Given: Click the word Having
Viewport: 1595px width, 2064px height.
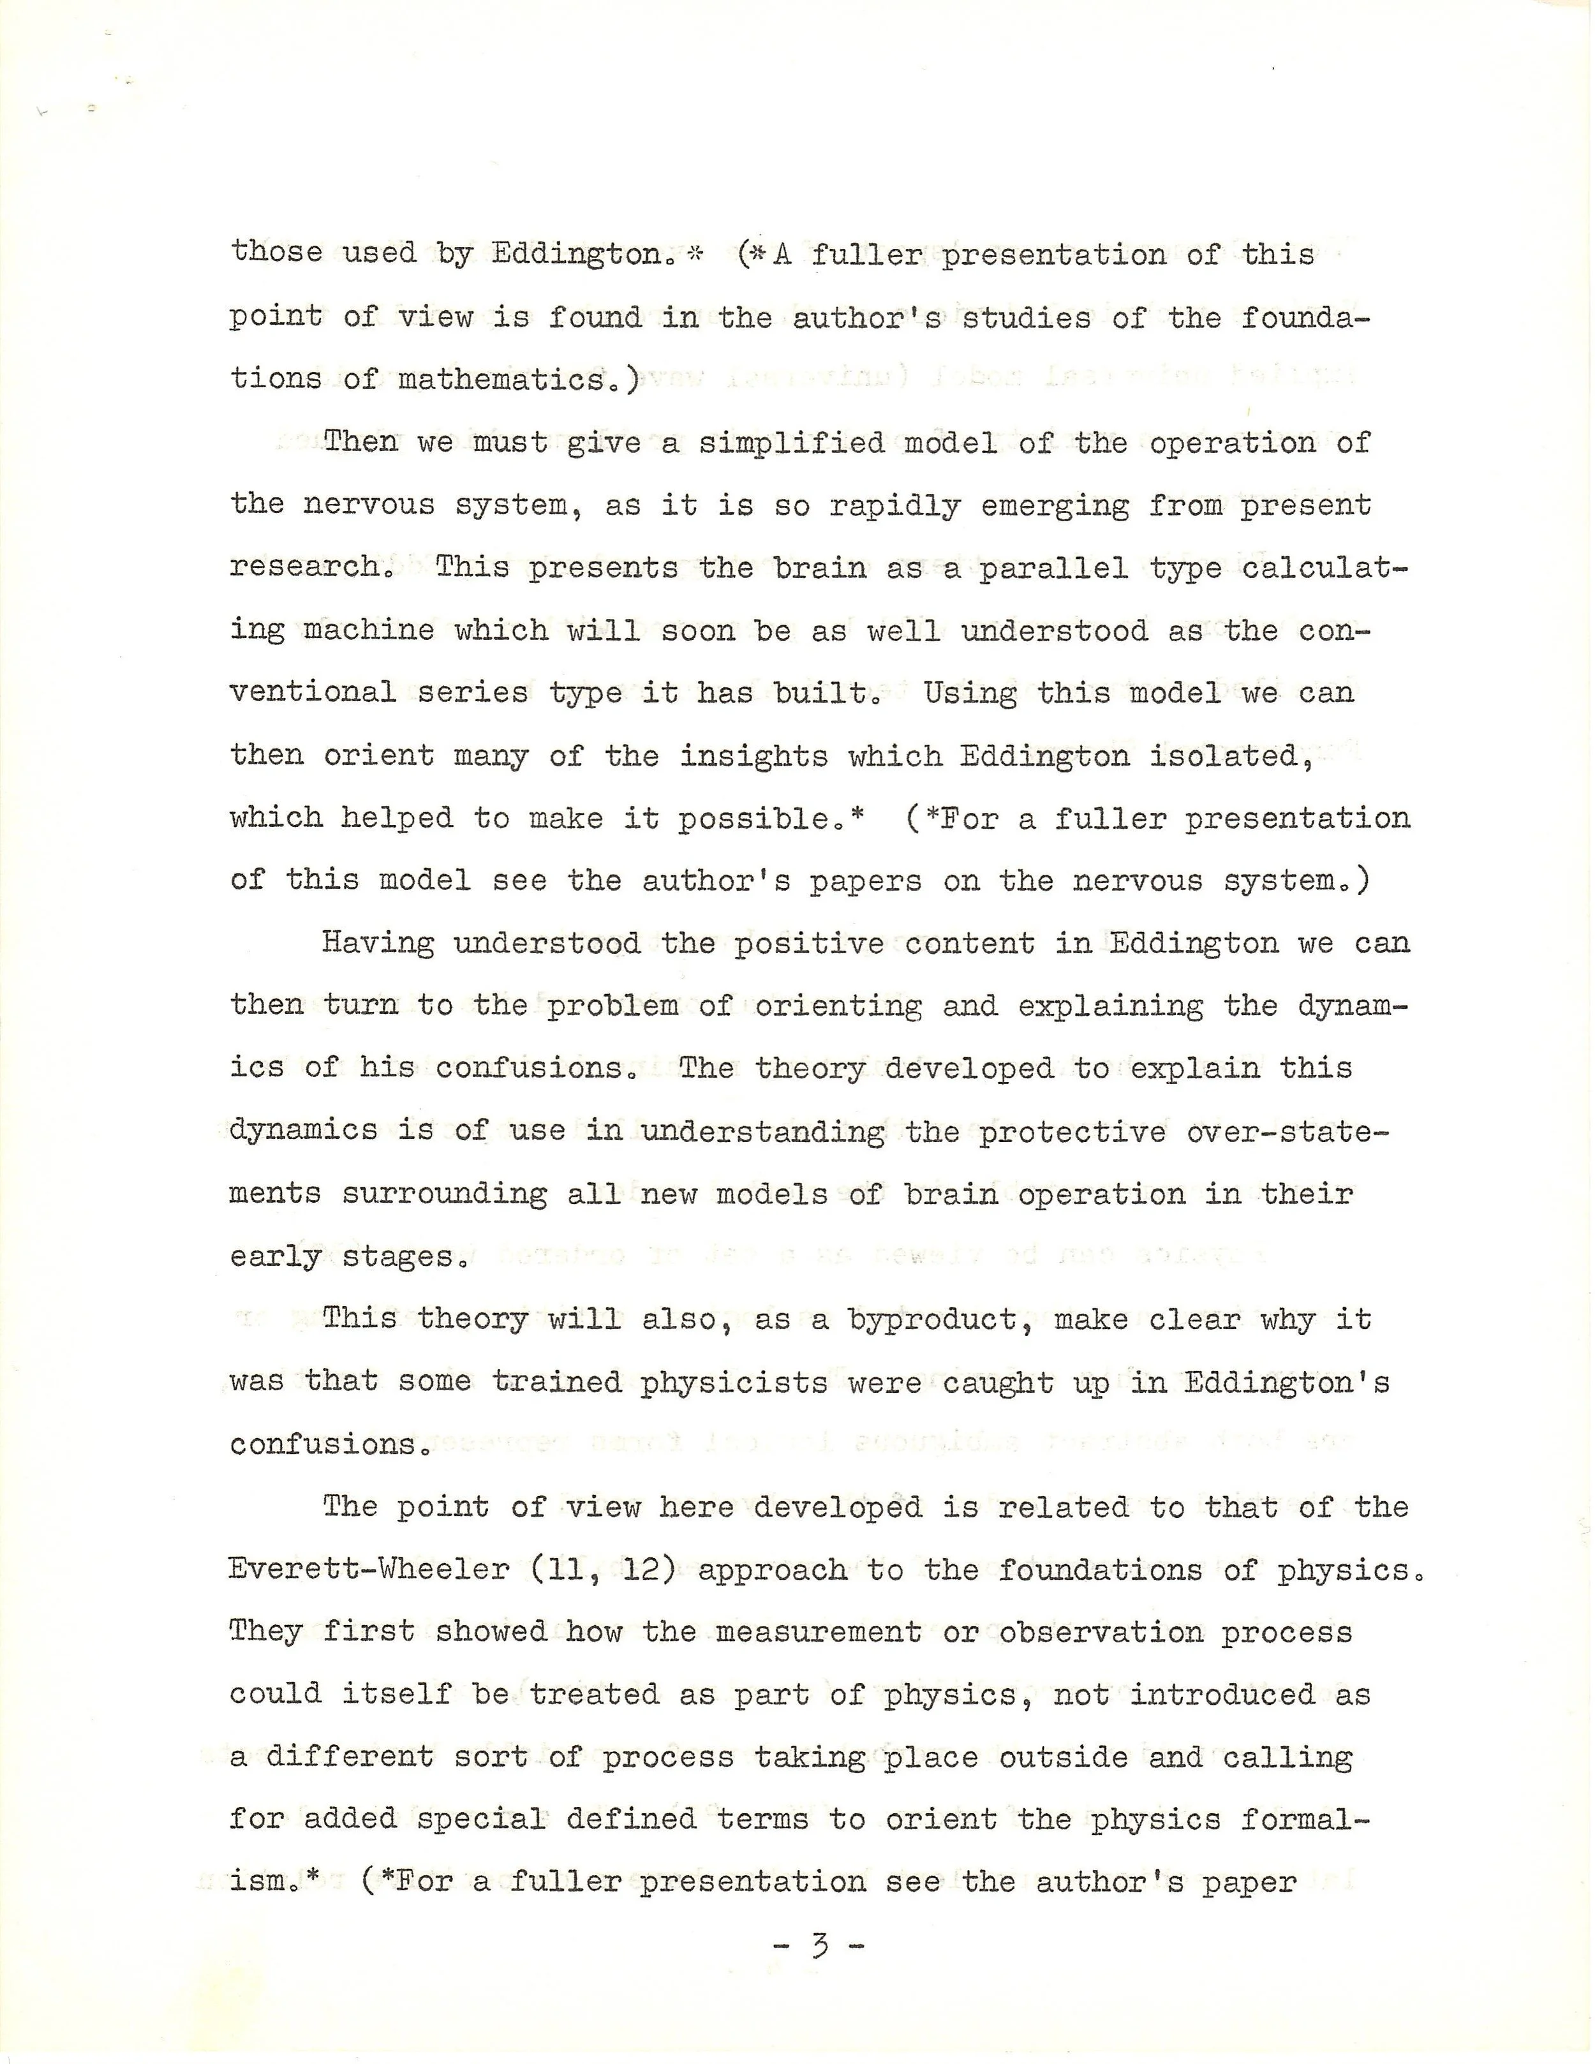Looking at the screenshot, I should pyautogui.click(x=378, y=943).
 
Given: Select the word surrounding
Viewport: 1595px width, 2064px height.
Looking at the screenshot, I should pyautogui.click(x=444, y=1194).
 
